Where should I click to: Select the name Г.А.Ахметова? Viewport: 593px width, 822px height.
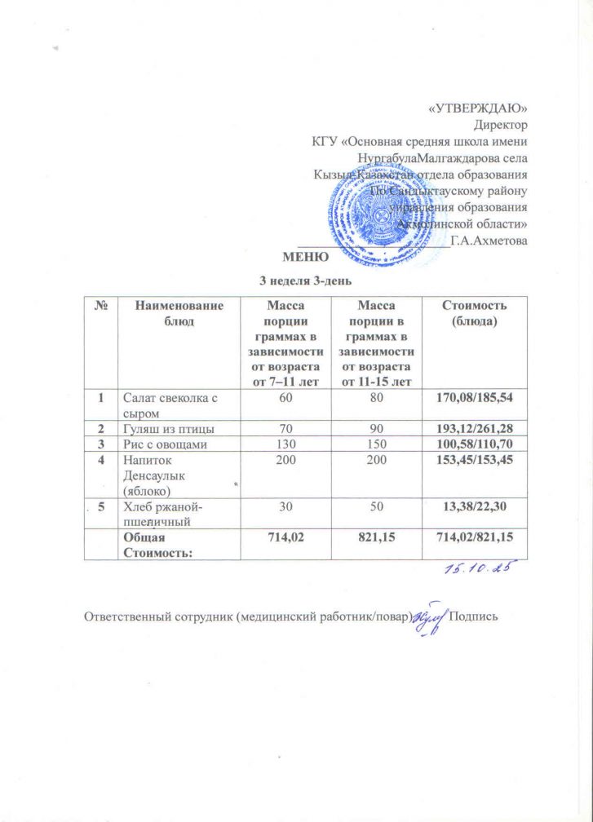(489, 241)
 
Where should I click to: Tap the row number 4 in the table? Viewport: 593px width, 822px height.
(102, 459)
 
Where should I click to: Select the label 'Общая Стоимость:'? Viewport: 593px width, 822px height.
(149, 544)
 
